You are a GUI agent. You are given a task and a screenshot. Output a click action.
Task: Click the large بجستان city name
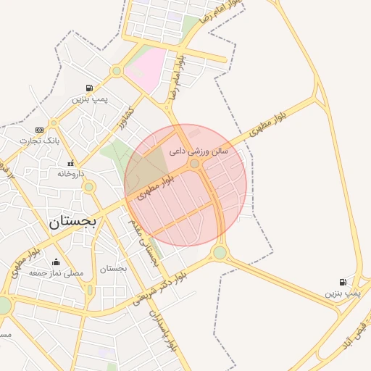pos(72,222)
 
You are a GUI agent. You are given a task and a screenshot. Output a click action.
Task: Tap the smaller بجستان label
pos(113,268)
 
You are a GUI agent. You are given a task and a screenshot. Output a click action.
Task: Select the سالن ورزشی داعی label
pos(198,151)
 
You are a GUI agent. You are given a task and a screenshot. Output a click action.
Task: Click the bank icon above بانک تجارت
pos(38,130)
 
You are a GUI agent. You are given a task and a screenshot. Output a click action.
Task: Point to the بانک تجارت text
pos(38,140)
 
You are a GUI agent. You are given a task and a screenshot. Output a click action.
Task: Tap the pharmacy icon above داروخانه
pos(71,163)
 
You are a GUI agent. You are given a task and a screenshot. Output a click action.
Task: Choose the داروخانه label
pos(71,174)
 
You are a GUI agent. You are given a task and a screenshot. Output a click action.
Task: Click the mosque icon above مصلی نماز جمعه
pos(56,262)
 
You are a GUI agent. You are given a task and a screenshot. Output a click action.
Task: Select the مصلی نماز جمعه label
pos(56,273)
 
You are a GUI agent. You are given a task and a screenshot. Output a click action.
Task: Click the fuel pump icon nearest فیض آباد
pos(342,282)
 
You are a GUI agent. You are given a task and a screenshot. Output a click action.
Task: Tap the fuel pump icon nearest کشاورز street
pos(89,87)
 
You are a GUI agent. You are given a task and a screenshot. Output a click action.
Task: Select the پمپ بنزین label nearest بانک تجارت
pos(89,98)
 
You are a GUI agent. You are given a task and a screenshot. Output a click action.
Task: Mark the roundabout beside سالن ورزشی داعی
pos(194,164)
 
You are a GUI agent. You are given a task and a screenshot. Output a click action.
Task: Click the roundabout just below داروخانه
pos(89,187)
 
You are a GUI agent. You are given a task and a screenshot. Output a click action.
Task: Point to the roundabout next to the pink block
pos(116,71)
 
